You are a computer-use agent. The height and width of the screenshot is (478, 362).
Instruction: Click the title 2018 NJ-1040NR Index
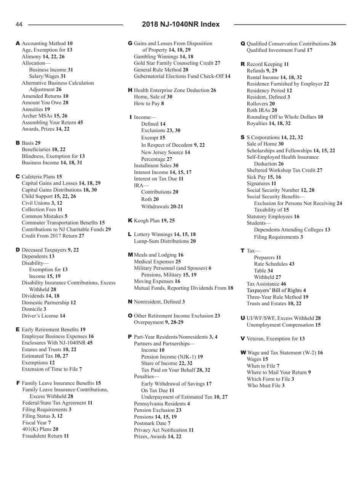click(x=181, y=25)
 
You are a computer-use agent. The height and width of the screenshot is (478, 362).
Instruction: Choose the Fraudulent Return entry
click(x=45, y=436)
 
